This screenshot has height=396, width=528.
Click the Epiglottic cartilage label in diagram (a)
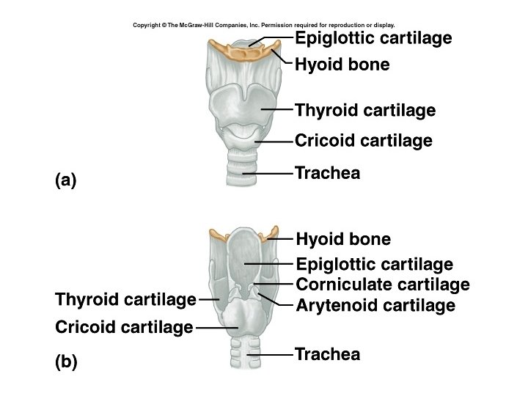pos(373,38)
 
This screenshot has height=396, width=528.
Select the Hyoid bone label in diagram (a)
pos(342,65)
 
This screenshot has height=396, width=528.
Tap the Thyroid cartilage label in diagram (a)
pos(365,111)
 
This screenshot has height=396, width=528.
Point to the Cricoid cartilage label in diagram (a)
pos(364,140)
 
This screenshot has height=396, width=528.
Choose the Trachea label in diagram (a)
pos(327,173)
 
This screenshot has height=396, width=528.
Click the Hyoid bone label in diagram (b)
pos(343,240)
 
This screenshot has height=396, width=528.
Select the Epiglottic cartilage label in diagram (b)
pos(374,265)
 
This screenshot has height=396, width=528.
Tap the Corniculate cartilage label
pos(382,285)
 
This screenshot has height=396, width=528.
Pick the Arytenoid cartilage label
pos(375,305)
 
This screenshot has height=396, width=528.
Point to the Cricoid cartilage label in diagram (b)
pos(124,326)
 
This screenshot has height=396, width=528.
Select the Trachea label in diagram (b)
pos(327,355)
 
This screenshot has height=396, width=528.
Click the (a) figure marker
pos(66,180)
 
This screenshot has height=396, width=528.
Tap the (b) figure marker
pos(66,362)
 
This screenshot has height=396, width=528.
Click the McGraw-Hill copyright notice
pos(263,25)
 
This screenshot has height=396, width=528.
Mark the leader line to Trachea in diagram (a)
pos(271,174)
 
